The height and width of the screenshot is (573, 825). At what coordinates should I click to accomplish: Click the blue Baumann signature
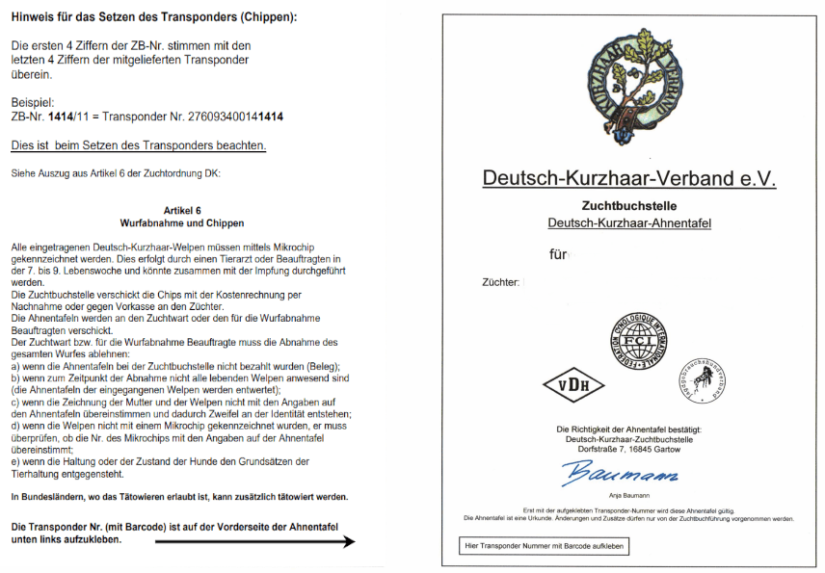pos(621,473)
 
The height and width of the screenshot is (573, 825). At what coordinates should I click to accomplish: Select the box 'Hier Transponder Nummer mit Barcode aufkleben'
pos(545,547)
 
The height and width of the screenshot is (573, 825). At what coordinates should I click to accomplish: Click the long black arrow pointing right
pos(254,542)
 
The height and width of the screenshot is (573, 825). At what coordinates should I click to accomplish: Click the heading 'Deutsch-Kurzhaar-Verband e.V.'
pos(628,178)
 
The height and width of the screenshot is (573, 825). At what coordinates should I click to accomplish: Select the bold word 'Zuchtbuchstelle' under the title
pos(628,206)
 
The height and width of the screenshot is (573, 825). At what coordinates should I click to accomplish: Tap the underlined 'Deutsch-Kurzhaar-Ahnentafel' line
pos(628,223)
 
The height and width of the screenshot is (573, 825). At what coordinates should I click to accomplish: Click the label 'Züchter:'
pos(500,283)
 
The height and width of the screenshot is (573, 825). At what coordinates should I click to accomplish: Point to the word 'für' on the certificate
pos(558,256)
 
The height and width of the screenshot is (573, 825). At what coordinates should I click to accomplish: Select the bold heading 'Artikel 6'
pos(182,209)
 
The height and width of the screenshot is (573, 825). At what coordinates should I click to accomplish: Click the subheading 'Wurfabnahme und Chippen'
pos(182,222)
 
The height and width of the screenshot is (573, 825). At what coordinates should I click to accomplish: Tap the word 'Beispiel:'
pos(32,102)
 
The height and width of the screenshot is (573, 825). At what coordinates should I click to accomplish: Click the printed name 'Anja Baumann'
pos(628,496)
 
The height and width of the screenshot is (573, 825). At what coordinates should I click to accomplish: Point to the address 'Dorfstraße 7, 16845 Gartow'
pos(628,449)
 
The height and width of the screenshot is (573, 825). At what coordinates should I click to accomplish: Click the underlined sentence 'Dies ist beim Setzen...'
pos(138,145)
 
